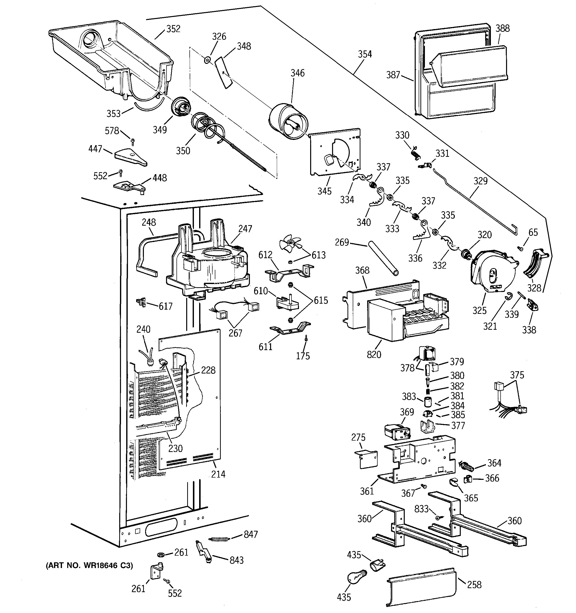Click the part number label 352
[x=173, y=29]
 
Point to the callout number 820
[x=374, y=354]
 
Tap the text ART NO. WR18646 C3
[x=89, y=566]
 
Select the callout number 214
[x=218, y=474]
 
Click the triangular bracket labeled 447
[x=130, y=157]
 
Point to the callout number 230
[x=175, y=448]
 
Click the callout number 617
[x=166, y=306]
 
